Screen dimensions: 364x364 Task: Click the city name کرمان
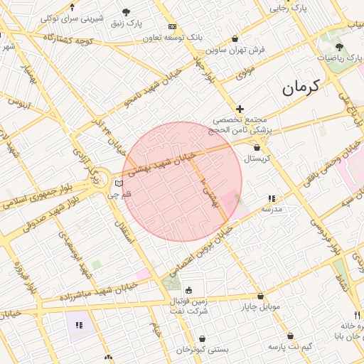(301, 87)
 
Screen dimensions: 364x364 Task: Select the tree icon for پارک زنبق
(127, 12)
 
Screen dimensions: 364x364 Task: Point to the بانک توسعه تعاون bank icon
(172, 26)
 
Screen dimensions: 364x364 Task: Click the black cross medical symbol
(240, 109)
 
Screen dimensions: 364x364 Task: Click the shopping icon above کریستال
(257, 147)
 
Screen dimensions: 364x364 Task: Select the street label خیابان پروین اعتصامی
(200, 252)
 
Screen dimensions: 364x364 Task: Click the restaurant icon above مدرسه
(271, 199)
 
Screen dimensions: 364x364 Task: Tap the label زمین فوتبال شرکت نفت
(188, 306)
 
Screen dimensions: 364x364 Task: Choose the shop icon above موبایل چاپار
(260, 296)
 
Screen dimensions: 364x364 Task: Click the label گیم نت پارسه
(290, 346)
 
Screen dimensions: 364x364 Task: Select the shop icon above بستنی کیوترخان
(204, 339)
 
